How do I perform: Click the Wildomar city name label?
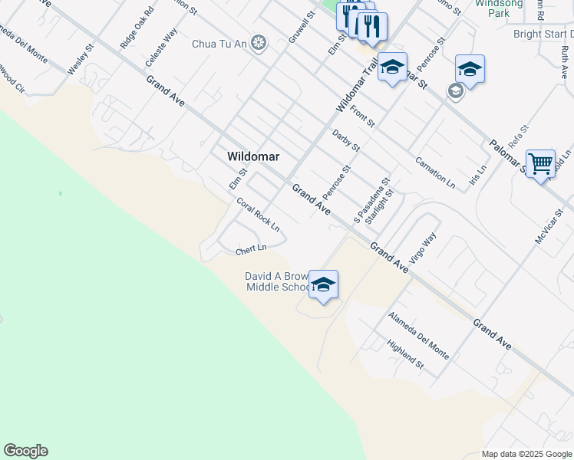point(253,156)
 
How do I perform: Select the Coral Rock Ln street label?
point(258,215)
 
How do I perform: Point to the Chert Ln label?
point(250,249)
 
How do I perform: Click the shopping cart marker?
point(541,163)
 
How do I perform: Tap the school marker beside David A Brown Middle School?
point(324,284)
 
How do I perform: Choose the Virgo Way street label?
point(422,248)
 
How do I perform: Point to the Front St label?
point(362,116)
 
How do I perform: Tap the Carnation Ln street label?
point(435,172)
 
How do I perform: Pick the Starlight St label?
point(379,206)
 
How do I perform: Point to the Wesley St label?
point(81,58)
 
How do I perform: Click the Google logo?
point(25,451)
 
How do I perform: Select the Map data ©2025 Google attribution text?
point(526,454)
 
